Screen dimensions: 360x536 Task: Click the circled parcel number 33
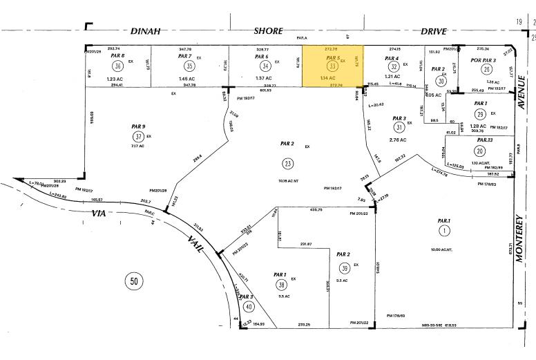[x=333, y=66]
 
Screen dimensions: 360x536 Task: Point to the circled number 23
[x=287, y=163]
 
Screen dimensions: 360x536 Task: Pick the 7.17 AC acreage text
[x=137, y=146]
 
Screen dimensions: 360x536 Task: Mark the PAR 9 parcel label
[x=137, y=126]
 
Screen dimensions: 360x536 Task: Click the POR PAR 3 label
[x=484, y=60]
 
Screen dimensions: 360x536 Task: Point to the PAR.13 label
[x=466, y=140]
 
